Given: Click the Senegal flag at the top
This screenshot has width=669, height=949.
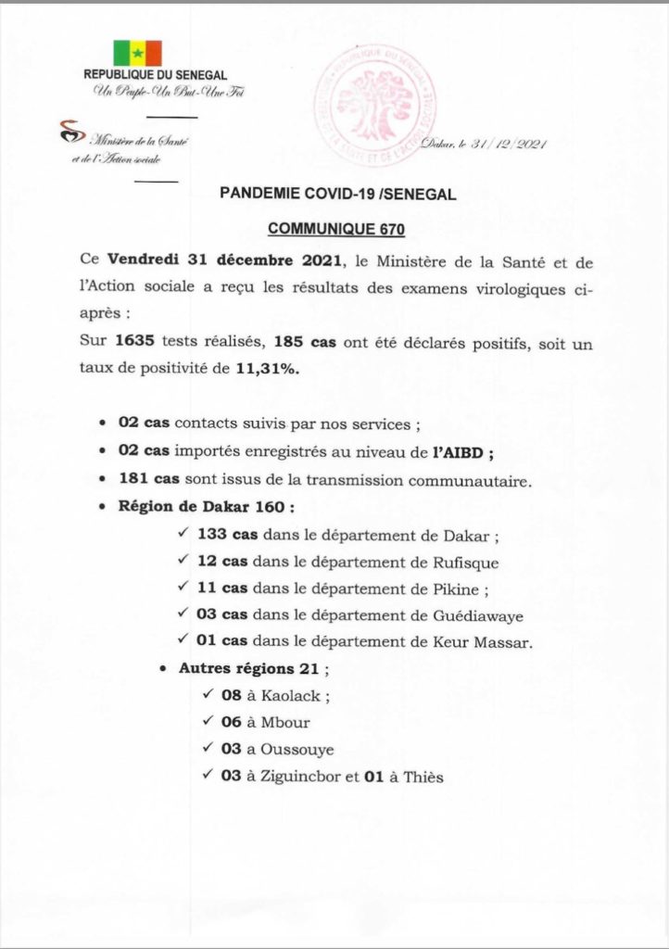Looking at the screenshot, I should pyautogui.click(x=137, y=52).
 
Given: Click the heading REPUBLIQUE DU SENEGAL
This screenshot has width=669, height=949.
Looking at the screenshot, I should pyautogui.click(x=155, y=75).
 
